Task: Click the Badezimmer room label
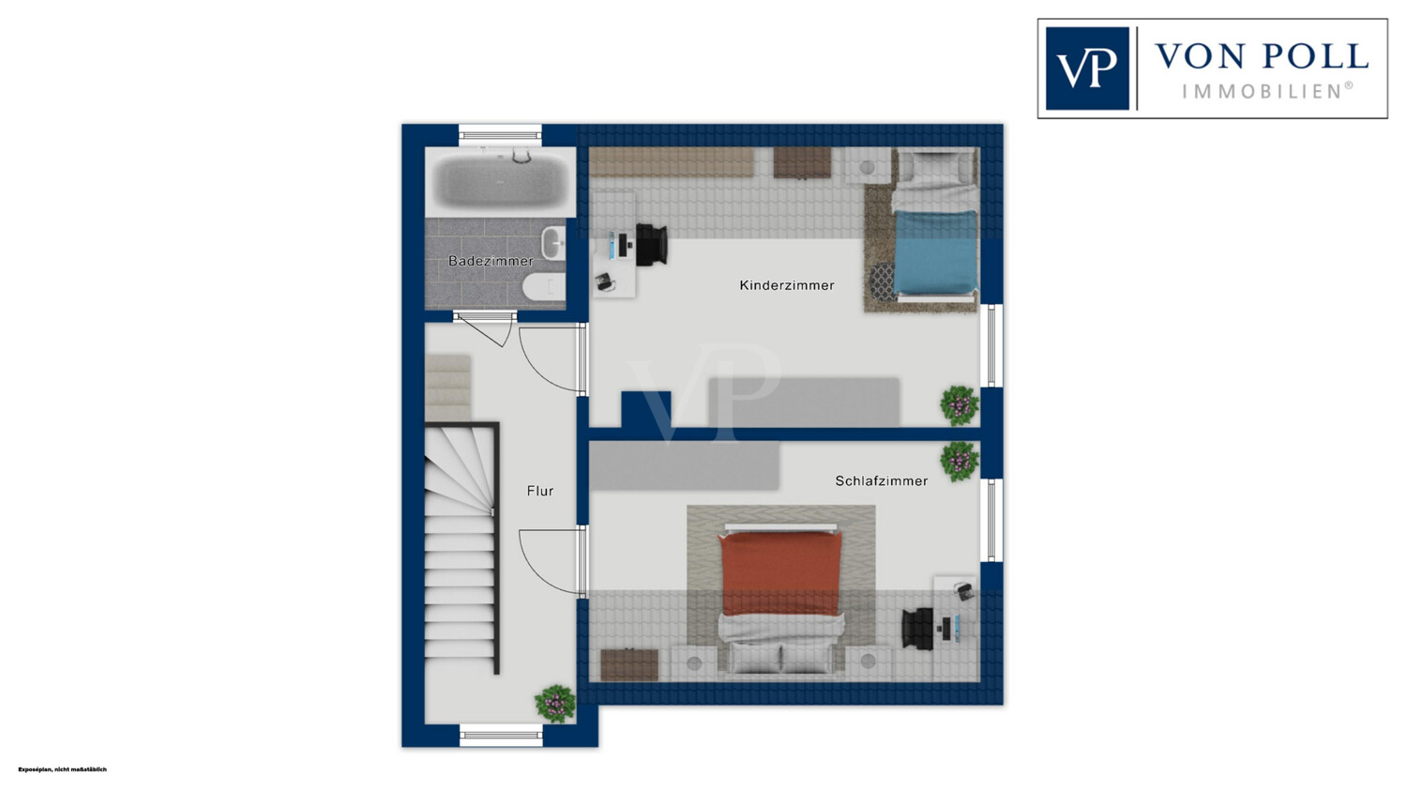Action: [491, 261]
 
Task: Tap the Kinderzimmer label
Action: [787, 285]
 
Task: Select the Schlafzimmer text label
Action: [882, 481]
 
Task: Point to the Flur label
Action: [540, 492]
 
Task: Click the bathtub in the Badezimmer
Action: [500, 181]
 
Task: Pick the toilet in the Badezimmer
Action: [544, 289]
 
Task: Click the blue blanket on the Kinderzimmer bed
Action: [935, 252]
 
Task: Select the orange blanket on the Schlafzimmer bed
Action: [780, 573]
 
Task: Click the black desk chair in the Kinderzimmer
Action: [651, 244]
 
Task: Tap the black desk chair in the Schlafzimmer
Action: [917, 628]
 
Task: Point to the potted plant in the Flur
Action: [555, 703]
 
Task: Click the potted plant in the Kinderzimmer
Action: [960, 405]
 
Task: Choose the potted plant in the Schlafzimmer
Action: [960, 462]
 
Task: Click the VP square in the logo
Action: [1087, 68]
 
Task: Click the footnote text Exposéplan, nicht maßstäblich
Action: [63, 769]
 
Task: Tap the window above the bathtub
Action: [500, 133]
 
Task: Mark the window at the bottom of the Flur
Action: [501, 735]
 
